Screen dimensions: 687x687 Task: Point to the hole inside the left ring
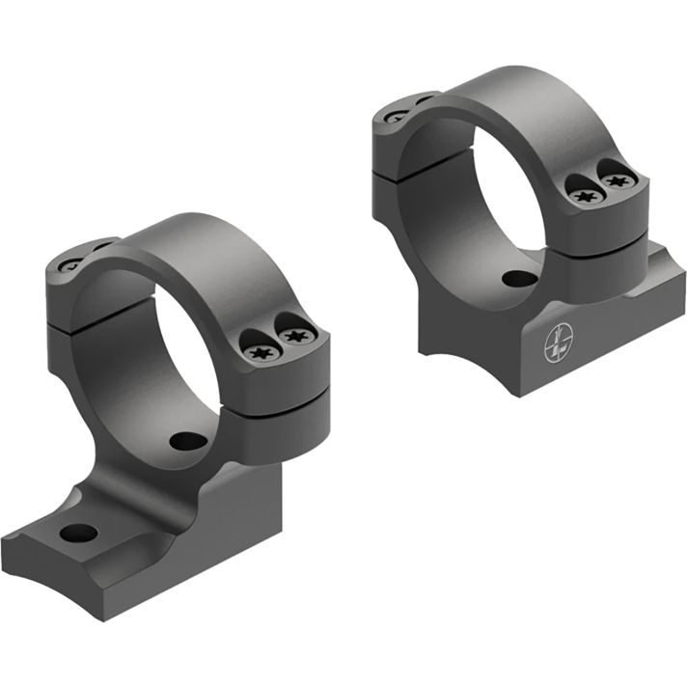pos(187,441)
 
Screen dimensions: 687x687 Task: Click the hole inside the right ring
pos(518,279)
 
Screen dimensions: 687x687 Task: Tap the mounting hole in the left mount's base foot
pos(78,533)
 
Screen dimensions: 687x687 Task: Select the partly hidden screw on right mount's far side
pos(397,115)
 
